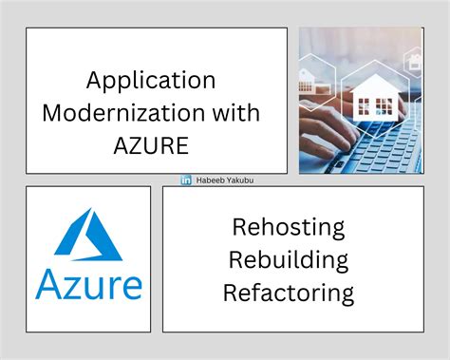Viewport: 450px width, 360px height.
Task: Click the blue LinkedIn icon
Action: [x=186, y=180]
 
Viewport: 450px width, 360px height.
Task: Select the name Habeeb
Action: [x=209, y=180]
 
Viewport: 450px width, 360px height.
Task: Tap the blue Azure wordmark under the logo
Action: [x=88, y=285]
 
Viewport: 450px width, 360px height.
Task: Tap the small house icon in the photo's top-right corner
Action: [x=415, y=61]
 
